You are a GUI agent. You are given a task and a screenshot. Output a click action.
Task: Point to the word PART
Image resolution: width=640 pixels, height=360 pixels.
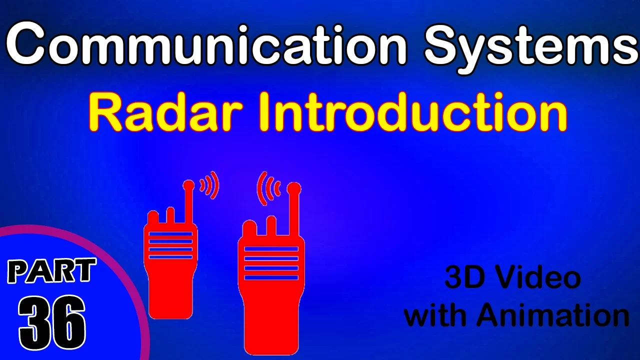click(x=51, y=270)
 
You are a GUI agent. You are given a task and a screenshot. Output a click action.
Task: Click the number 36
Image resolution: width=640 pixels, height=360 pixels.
click(x=52, y=323)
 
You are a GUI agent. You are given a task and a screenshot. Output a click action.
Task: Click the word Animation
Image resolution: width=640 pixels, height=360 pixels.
click(x=552, y=314)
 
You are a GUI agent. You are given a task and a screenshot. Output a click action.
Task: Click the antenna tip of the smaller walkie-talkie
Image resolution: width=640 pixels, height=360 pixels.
click(x=188, y=185)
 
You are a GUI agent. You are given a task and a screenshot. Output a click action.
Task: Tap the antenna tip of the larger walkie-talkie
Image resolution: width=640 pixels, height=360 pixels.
click(x=293, y=188)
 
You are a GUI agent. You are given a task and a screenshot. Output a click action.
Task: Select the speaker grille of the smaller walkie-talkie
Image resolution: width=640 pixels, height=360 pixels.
click(x=170, y=245)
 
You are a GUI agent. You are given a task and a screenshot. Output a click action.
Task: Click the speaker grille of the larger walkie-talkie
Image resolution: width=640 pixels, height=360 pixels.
click(x=271, y=263)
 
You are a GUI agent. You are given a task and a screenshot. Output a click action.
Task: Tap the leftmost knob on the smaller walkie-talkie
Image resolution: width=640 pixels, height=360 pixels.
click(x=153, y=217)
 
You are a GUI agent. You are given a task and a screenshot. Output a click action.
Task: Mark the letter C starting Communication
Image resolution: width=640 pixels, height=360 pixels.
click(x=25, y=45)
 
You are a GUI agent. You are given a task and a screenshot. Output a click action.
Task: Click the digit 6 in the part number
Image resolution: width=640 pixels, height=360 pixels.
click(x=68, y=323)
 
